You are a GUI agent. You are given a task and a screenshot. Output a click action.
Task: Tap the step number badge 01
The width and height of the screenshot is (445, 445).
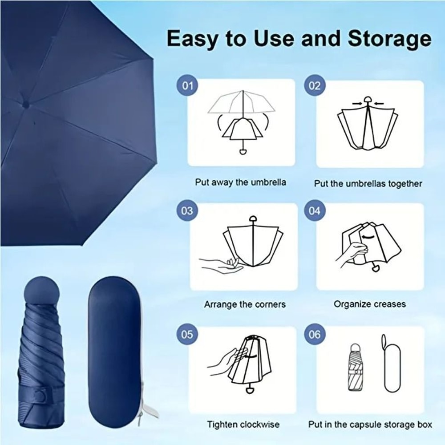(188, 85)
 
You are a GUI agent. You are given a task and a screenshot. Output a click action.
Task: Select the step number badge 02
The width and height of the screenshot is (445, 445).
(315, 85)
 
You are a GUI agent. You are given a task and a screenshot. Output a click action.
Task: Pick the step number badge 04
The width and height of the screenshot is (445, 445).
(315, 210)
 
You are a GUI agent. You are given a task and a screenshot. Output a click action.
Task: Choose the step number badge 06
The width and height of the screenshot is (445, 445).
(315, 334)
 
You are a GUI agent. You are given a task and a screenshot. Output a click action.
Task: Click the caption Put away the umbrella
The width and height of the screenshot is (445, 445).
(240, 182)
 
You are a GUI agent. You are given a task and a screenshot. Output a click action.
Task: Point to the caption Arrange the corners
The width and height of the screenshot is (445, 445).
(245, 305)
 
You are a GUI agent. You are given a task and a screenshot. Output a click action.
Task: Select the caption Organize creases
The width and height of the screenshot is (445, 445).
(370, 304)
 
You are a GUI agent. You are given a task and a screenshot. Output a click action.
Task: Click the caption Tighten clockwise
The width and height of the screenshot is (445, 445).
(243, 425)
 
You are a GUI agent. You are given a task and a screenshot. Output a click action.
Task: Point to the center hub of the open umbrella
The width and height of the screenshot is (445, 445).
(26, 105)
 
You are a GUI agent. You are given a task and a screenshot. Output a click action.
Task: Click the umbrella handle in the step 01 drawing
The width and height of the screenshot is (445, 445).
(243, 152)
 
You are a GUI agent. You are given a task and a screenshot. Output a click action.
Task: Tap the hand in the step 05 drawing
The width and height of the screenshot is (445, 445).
(225, 360)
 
